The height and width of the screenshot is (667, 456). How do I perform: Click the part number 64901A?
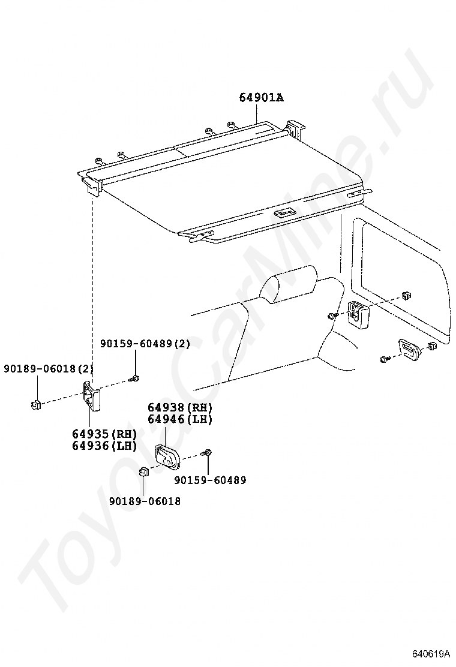click(261, 97)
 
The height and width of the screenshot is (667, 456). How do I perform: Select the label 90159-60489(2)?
click(145, 343)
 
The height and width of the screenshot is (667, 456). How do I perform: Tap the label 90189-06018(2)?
click(49, 368)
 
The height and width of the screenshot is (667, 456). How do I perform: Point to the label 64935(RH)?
click(104, 434)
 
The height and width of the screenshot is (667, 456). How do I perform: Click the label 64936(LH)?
click(104, 446)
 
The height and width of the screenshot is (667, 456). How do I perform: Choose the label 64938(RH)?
click(180, 407)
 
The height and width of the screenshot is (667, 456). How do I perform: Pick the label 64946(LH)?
click(180, 419)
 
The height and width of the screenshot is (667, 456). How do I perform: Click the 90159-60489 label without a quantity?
click(210, 480)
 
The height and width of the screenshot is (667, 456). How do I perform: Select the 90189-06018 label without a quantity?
click(145, 501)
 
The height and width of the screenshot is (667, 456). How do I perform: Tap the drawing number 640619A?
click(430, 653)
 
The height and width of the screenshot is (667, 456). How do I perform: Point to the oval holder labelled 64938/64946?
click(167, 456)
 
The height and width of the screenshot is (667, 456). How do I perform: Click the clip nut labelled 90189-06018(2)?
click(35, 404)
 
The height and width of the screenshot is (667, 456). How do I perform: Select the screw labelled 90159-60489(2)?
click(135, 378)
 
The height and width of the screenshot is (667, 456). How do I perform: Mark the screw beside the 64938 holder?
click(208, 453)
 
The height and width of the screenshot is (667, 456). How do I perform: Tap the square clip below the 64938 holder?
click(144, 471)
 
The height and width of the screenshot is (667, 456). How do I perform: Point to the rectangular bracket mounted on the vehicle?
click(358, 314)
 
